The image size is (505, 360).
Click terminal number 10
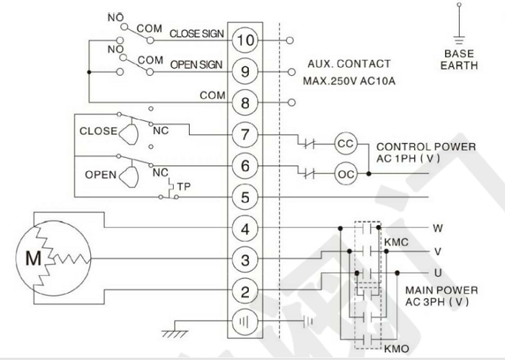(246, 40)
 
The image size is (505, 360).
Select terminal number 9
(246, 71)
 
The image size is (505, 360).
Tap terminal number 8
(246, 102)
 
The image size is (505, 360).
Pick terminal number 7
(246, 134)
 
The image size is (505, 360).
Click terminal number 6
(246, 165)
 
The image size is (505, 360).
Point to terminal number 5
(246, 196)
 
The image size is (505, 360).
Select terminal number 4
(246, 229)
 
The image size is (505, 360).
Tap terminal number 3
(246, 260)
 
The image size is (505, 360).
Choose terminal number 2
(246, 291)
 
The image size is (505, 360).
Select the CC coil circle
(345, 143)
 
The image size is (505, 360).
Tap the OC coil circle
(345, 173)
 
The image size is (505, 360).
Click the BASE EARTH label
(459, 59)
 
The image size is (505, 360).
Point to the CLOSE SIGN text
(196, 33)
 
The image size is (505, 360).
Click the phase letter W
(437, 229)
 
